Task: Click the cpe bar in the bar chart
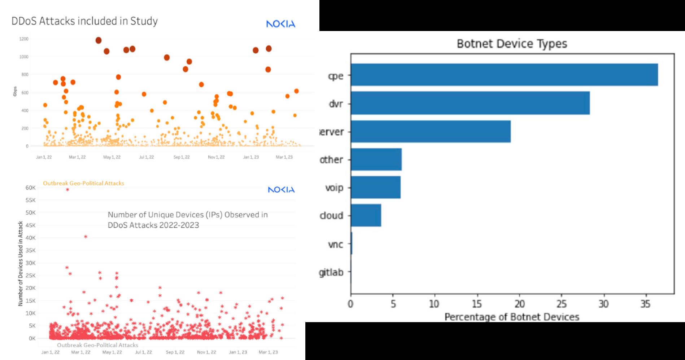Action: tap(504, 75)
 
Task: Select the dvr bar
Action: tap(470, 103)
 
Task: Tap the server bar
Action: tap(431, 131)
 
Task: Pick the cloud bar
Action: tap(366, 215)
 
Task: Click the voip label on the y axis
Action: tap(334, 188)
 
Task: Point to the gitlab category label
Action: tap(331, 272)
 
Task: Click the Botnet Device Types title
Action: tap(512, 44)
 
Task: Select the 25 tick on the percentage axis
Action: tap(561, 304)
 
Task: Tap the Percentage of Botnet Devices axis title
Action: tap(511, 317)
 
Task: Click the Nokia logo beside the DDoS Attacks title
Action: tap(280, 24)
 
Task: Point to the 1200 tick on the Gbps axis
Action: tap(24, 39)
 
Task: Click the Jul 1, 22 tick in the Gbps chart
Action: tap(147, 157)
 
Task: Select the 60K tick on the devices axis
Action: tap(31, 188)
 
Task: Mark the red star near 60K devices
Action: tap(67, 190)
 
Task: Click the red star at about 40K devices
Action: tap(86, 237)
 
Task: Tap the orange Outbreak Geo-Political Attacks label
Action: tap(83, 183)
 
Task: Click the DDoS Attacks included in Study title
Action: tap(84, 21)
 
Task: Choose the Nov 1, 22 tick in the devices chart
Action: tap(206, 352)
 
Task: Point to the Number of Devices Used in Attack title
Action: tap(21, 264)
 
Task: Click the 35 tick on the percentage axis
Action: tap(645, 304)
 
